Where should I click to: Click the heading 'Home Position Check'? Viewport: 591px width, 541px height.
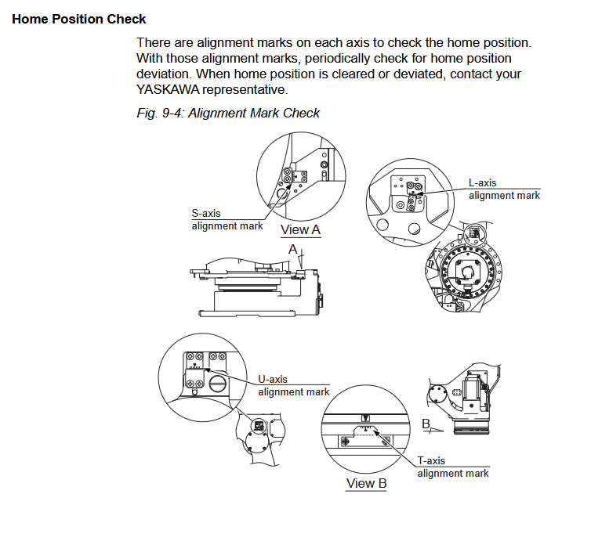pyautogui.click(x=79, y=18)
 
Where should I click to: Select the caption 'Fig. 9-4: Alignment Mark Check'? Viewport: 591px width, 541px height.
pyautogui.click(x=228, y=113)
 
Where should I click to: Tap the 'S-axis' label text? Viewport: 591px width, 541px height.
pyautogui.click(x=206, y=212)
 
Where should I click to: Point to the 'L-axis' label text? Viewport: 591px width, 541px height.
pyautogui.click(x=483, y=182)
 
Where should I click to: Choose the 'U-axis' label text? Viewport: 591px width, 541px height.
pyautogui.click(x=273, y=379)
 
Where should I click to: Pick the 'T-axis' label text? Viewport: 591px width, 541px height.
pyautogui.click(x=431, y=460)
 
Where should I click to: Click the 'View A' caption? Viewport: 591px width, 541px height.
pyautogui.click(x=301, y=229)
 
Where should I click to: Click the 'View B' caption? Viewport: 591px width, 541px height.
pyautogui.click(x=367, y=483)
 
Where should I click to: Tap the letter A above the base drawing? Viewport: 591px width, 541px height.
pyautogui.click(x=292, y=248)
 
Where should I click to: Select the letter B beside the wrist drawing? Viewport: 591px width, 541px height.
pyautogui.click(x=426, y=424)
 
